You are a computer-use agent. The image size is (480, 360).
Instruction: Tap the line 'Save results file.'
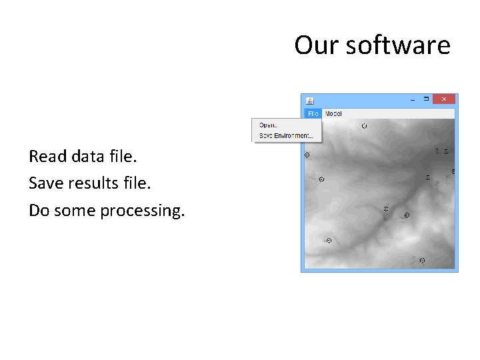[91, 183]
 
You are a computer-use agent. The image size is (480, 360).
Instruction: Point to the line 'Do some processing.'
[107, 211]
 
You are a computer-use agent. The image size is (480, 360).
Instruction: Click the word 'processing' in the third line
[141, 211]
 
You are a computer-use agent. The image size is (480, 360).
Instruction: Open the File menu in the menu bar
[313, 114]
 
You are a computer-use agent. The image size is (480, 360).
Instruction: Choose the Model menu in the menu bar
[333, 114]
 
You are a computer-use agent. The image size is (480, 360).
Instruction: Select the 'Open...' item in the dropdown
[268, 125]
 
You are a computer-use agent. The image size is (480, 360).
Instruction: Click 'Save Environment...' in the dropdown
[285, 135]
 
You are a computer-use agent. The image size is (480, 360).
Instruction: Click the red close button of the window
[444, 99]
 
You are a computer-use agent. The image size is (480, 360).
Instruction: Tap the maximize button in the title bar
[426, 99]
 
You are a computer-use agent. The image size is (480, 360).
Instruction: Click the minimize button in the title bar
[411, 99]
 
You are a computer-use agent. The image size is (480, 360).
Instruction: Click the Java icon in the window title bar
[309, 100]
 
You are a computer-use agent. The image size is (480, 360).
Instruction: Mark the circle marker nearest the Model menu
[364, 125]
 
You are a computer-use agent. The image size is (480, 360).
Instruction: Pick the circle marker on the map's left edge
[307, 155]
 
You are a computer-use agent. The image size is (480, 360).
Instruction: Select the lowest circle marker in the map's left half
[327, 240]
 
